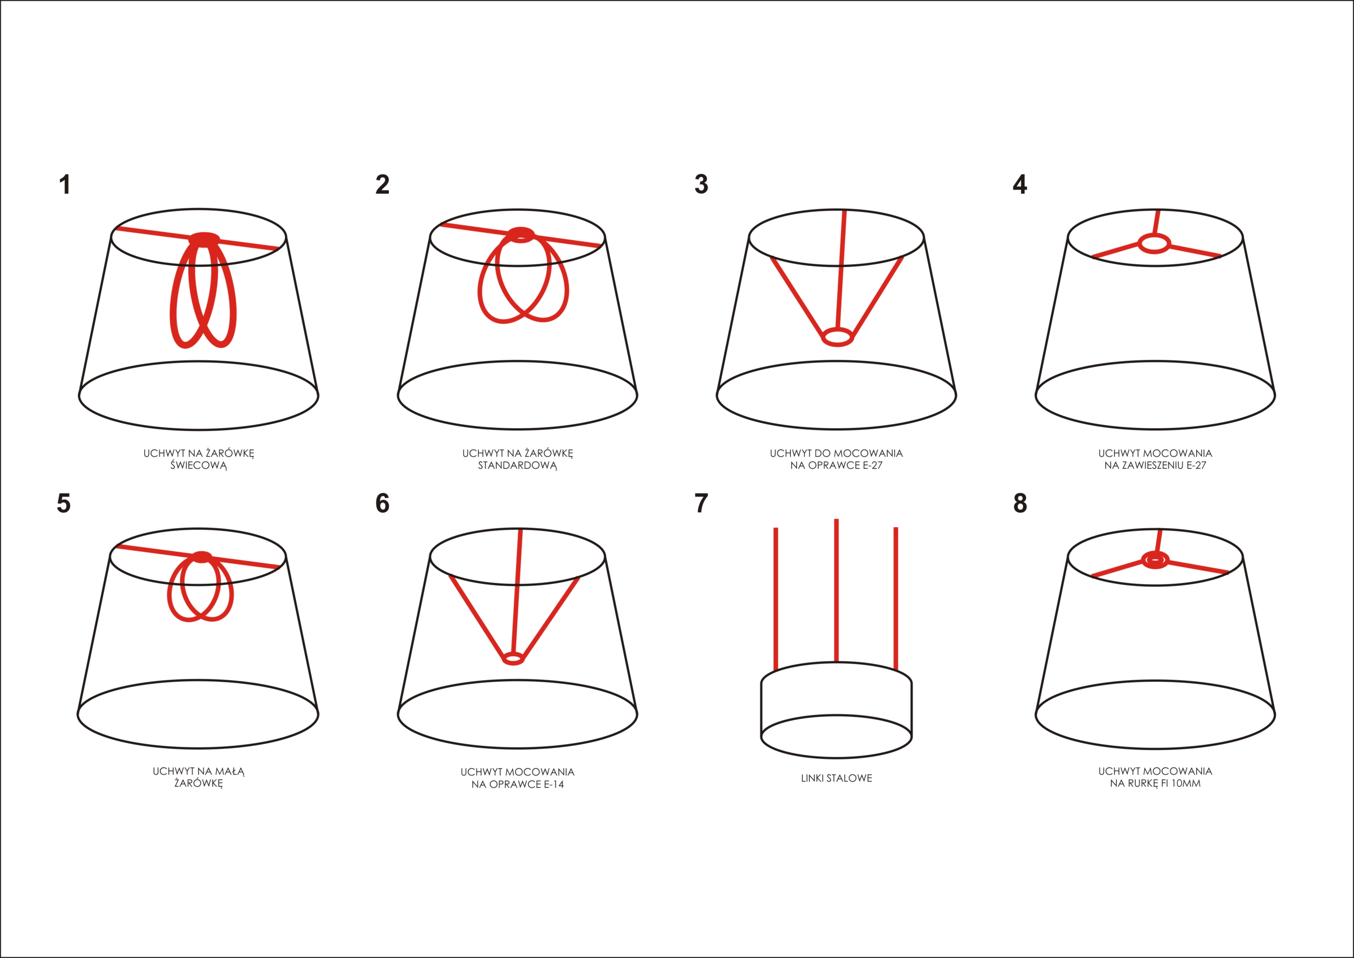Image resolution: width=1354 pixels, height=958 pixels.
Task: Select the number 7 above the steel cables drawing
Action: coord(701,503)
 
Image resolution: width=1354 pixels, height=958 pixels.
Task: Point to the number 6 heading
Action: coord(382,503)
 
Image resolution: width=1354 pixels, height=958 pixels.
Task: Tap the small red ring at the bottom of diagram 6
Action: coord(513,664)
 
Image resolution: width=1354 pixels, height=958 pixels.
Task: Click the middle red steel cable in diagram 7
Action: coord(836,590)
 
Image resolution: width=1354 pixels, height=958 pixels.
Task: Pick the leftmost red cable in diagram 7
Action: coord(775,599)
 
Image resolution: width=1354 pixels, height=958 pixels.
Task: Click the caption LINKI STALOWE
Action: coord(836,778)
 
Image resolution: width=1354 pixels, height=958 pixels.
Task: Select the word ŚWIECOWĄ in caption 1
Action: coord(199,465)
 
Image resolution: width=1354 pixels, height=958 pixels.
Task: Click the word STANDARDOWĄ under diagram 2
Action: coord(517,465)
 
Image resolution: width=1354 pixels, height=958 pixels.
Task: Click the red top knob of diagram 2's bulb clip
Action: coord(521,235)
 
